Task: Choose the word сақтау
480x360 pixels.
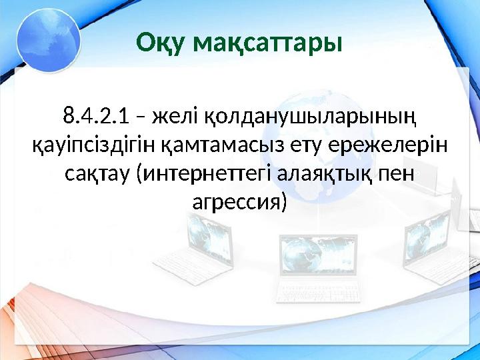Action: coord(97,174)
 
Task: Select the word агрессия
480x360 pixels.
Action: coord(239,203)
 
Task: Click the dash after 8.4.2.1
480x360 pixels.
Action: coord(141,117)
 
